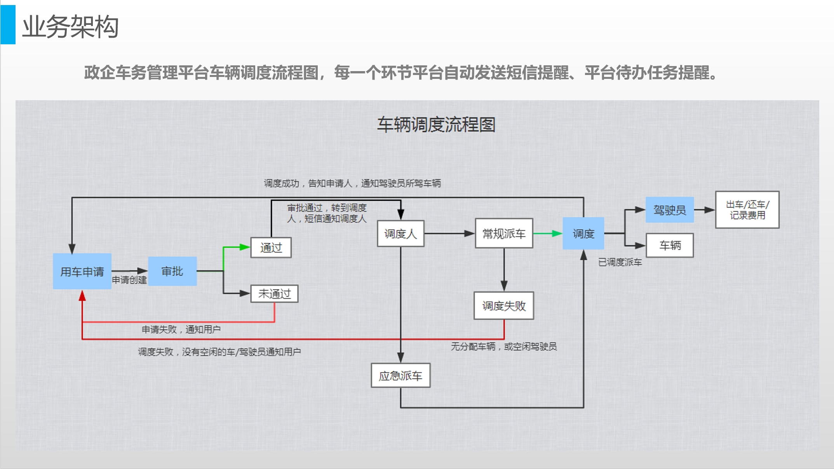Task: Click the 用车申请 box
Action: (x=82, y=271)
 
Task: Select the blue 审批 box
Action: (x=172, y=271)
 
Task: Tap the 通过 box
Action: (x=271, y=248)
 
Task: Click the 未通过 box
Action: (x=274, y=294)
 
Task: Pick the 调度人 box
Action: (x=400, y=234)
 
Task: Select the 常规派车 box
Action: (x=504, y=234)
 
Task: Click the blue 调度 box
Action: (x=583, y=234)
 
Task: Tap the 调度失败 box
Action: (x=504, y=306)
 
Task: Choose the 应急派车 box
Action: (x=400, y=376)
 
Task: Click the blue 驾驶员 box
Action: (x=669, y=210)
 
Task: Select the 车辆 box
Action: (x=670, y=245)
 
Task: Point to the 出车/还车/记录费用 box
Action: (x=747, y=210)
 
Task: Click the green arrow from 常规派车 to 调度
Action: (x=548, y=234)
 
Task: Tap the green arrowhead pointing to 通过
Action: (x=245, y=247)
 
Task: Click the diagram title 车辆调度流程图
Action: (x=436, y=125)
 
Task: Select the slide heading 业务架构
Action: (x=70, y=27)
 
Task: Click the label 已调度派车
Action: (x=620, y=262)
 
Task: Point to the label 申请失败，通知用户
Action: (x=181, y=330)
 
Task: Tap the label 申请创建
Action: (x=129, y=280)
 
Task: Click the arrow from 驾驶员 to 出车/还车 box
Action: (x=704, y=210)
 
